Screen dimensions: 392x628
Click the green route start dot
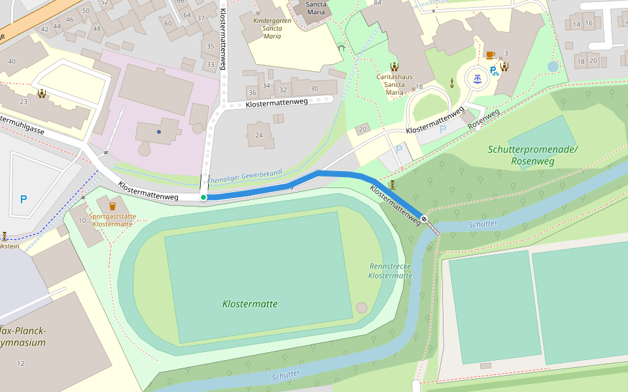tap(203, 197)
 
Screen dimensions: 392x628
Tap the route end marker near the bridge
tap(425, 219)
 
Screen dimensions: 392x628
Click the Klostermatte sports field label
tap(250, 304)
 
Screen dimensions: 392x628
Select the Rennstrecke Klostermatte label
tap(391, 271)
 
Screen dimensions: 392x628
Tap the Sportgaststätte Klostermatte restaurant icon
tap(112, 206)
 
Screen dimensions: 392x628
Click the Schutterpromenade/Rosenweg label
tap(532, 154)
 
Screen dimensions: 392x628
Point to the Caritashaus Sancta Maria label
tap(394, 84)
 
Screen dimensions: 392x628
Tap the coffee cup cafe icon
tap(490, 55)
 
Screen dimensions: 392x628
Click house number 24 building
tap(260, 135)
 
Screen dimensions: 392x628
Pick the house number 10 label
tap(82, 220)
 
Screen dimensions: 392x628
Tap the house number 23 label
tap(24, 101)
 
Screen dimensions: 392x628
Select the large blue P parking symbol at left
tap(24, 199)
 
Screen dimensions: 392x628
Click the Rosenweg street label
tap(483, 118)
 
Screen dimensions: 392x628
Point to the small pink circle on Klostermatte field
tap(362, 308)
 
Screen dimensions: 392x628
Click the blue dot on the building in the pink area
tap(158, 132)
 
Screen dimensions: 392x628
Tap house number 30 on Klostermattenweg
tap(314, 89)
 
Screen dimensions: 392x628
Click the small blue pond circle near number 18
tap(553, 67)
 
